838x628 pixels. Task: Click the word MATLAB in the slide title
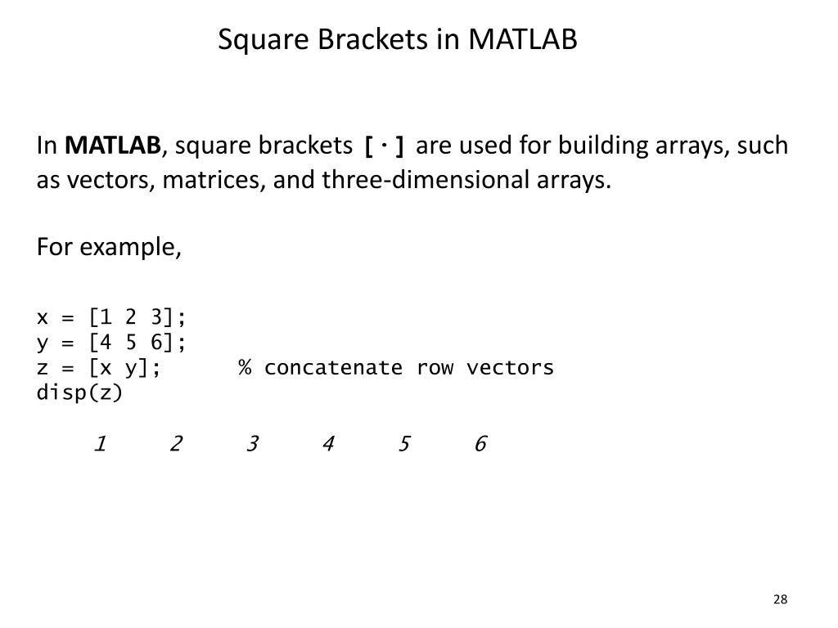523,39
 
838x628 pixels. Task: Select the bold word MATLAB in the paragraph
113,146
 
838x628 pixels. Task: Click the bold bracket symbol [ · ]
385,147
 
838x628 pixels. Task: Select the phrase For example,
109,247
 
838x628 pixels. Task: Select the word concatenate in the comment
333,367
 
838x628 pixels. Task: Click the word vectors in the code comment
510,367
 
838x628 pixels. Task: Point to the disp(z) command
79,392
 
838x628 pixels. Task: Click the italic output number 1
100,444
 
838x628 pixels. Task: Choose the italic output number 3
252,444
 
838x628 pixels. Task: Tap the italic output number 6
480,444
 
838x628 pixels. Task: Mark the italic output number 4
328,444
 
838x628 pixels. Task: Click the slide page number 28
779,600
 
